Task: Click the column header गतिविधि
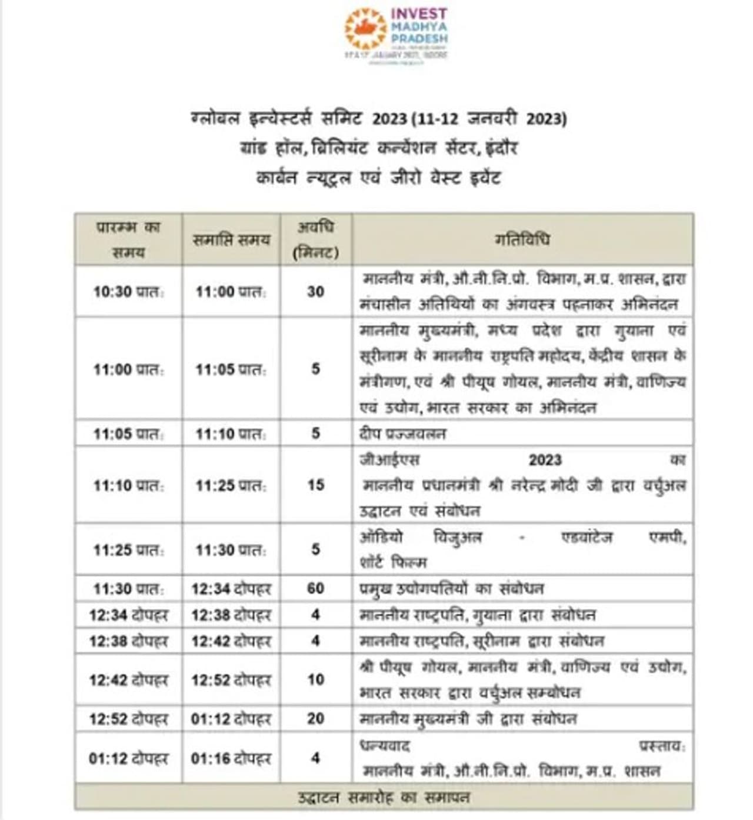[522, 240]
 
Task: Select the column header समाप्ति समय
[231, 240]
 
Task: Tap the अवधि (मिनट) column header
[316, 240]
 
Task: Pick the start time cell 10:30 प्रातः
[128, 292]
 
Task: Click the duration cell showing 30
[316, 292]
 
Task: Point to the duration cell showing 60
[316, 588]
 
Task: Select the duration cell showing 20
[316, 719]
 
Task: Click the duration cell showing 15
[316, 485]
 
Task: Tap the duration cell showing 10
[316, 680]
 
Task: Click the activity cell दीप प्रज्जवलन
[403, 434]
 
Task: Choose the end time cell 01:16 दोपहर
[231, 758]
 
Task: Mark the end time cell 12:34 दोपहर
[231, 588]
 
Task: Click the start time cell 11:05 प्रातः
[128, 434]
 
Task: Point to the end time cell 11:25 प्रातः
[231, 485]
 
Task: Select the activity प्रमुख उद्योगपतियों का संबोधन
[452, 588]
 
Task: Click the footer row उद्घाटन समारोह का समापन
[384, 798]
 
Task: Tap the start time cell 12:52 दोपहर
[128, 719]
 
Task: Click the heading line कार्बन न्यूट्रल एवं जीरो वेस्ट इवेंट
[378, 178]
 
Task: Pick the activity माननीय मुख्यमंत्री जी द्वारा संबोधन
[468, 719]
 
